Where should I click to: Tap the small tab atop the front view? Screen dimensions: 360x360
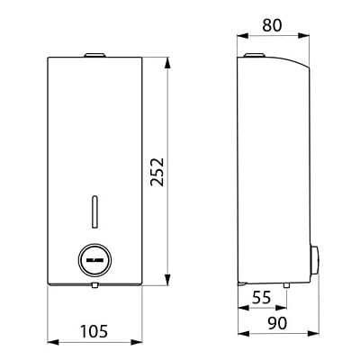tap(94, 58)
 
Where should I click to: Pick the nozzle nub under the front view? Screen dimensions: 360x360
tap(94, 287)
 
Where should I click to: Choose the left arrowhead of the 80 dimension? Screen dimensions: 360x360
tap(241, 36)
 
